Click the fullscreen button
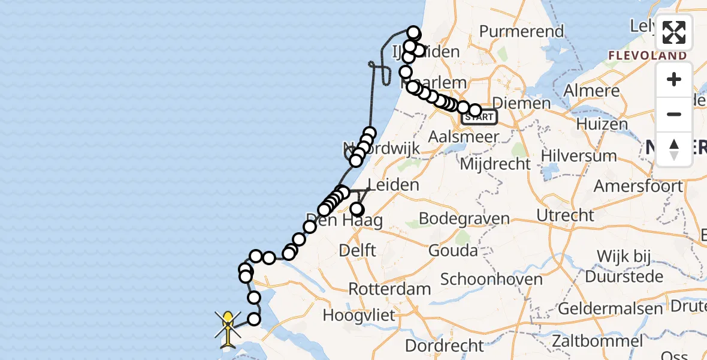tap(674, 32)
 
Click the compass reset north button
tap(674, 149)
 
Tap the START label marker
tap(479, 117)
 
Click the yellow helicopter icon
tap(228, 329)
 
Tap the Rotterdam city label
tap(389, 289)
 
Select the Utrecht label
tap(566, 215)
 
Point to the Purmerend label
tap(521, 31)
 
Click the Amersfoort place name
tap(637, 185)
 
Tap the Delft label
tap(357, 249)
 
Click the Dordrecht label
tap(444, 346)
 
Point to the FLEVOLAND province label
tap(647, 56)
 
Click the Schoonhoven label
tap(491, 279)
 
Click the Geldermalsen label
tap(610, 309)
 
